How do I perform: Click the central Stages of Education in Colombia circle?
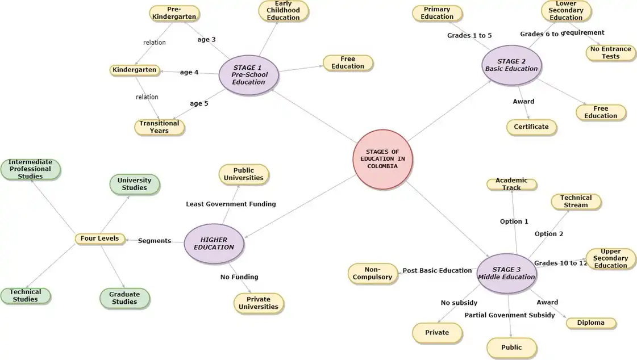382,158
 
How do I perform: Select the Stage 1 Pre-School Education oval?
248,74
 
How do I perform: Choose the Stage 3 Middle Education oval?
506,273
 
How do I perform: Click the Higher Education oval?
214,243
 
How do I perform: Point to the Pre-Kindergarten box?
175,13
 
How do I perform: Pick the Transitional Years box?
159,127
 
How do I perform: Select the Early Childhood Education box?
283,11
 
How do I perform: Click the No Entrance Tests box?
610,53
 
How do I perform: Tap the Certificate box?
531,127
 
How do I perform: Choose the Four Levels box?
99,238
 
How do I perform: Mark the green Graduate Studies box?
124,298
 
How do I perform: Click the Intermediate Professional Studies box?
30,169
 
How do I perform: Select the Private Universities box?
259,303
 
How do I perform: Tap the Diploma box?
590,323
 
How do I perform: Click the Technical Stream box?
576,202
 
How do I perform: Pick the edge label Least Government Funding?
231,204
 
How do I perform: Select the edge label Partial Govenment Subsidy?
509,315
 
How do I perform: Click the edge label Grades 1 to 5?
469,35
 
